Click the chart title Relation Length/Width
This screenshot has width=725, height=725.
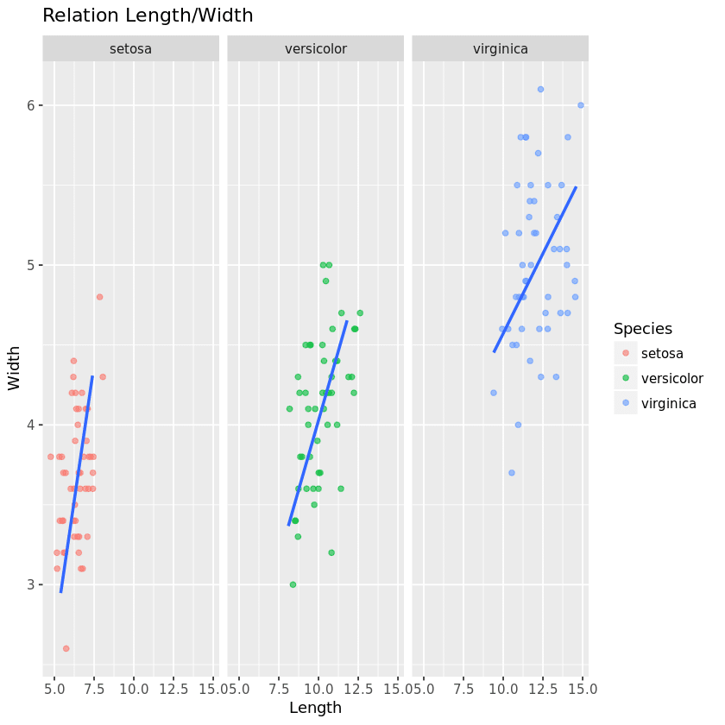tap(148, 16)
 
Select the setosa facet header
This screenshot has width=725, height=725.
tap(130, 49)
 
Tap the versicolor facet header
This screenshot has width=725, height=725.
tap(315, 49)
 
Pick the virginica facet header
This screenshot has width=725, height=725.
tap(501, 49)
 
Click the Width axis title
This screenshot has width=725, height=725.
tap(15, 368)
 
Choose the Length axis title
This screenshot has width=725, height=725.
tap(315, 709)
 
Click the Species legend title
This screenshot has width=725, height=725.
tap(642, 329)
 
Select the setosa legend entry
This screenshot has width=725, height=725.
tap(662, 353)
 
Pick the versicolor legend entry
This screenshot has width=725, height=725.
tap(671, 378)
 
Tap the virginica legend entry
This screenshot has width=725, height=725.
tap(669, 403)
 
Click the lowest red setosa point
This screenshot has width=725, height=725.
tap(66, 648)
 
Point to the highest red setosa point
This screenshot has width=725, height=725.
tap(99, 297)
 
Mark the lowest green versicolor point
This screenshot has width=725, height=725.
tap(293, 584)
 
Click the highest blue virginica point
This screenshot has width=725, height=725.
tap(540, 89)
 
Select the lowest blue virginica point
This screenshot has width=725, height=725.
tap(512, 473)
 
